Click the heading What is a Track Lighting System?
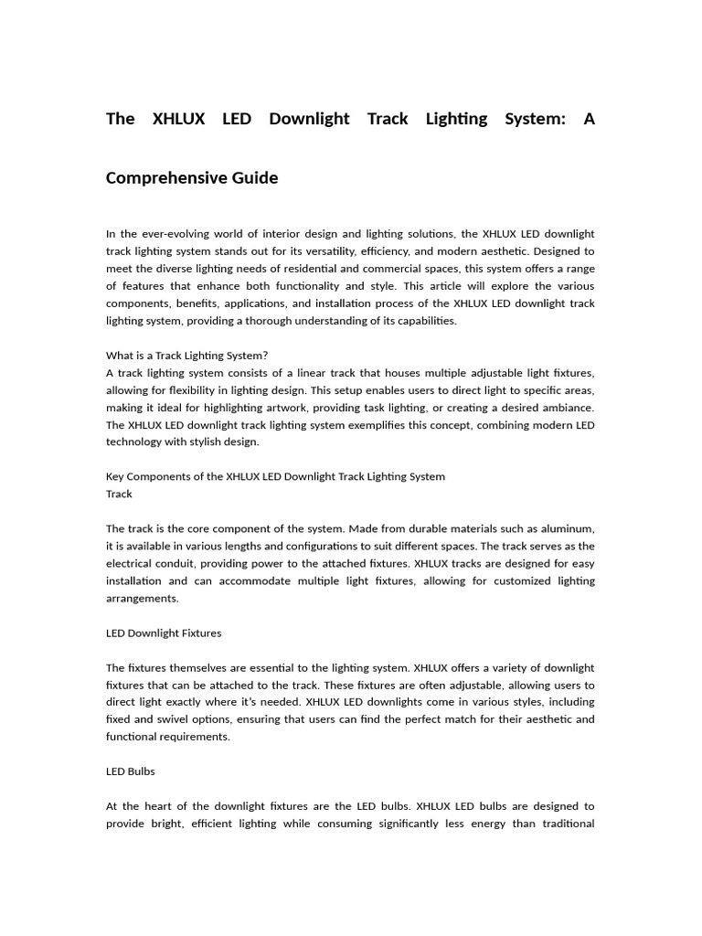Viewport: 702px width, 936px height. click(x=186, y=356)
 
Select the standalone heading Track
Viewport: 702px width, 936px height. click(x=119, y=494)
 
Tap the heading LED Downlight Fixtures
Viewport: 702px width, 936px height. click(x=164, y=633)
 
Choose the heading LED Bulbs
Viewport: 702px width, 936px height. click(x=131, y=771)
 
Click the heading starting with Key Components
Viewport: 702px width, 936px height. click(x=275, y=476)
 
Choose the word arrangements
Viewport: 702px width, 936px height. click(x=142, y=598)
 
